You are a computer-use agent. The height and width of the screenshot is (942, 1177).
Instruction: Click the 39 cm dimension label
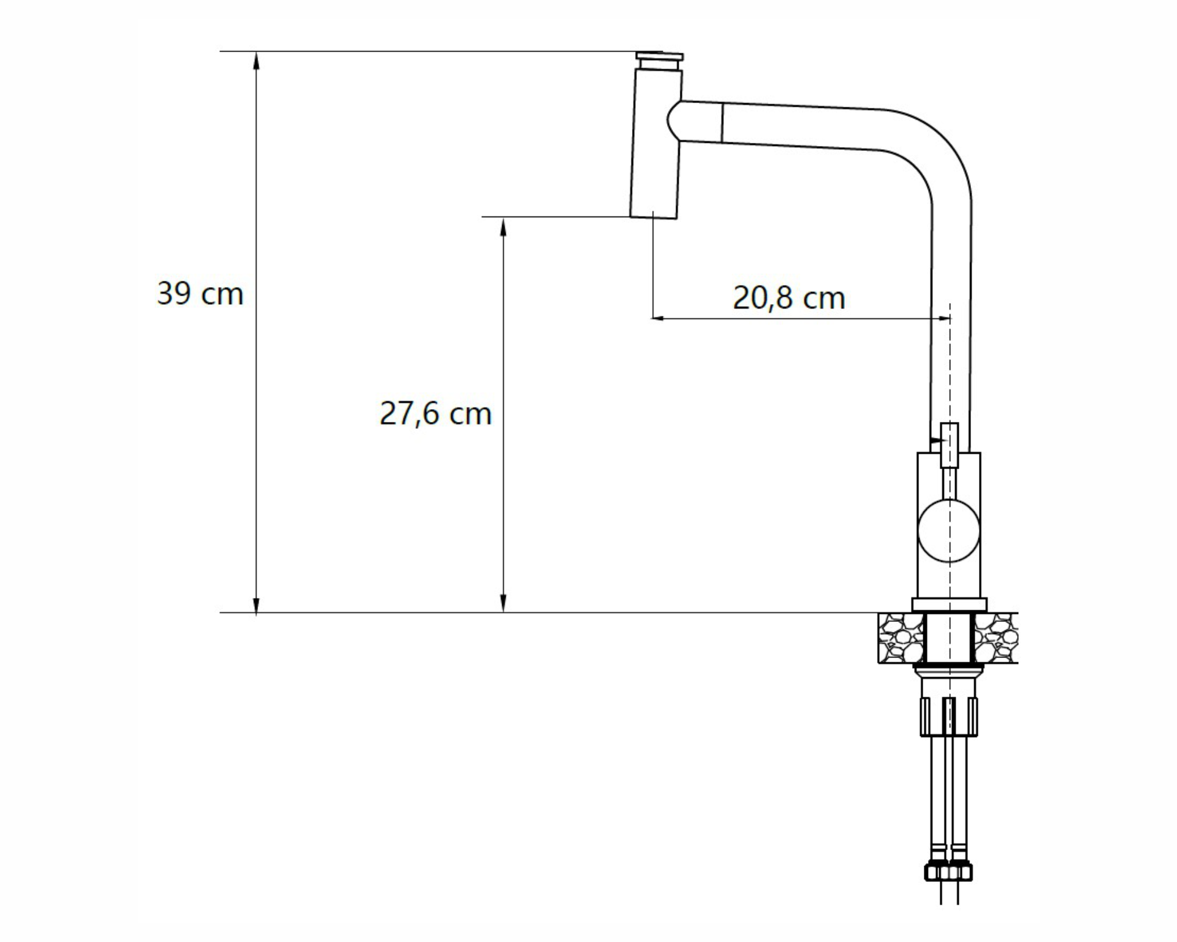[x=200, y=293]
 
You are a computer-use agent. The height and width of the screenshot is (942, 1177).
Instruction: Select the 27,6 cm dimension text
[x=435, y=413]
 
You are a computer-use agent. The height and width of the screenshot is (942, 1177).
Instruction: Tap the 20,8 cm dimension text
[x=789, y=298]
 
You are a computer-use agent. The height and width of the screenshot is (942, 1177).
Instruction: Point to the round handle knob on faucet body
[x=949, y=531]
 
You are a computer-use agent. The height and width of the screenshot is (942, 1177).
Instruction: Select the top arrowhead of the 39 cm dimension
[x=256, y=61]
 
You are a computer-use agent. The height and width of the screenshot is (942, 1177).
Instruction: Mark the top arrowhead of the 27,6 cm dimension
[x=503, y=227]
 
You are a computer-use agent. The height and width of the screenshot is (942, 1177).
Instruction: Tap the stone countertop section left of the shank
[x=901, y=638]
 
